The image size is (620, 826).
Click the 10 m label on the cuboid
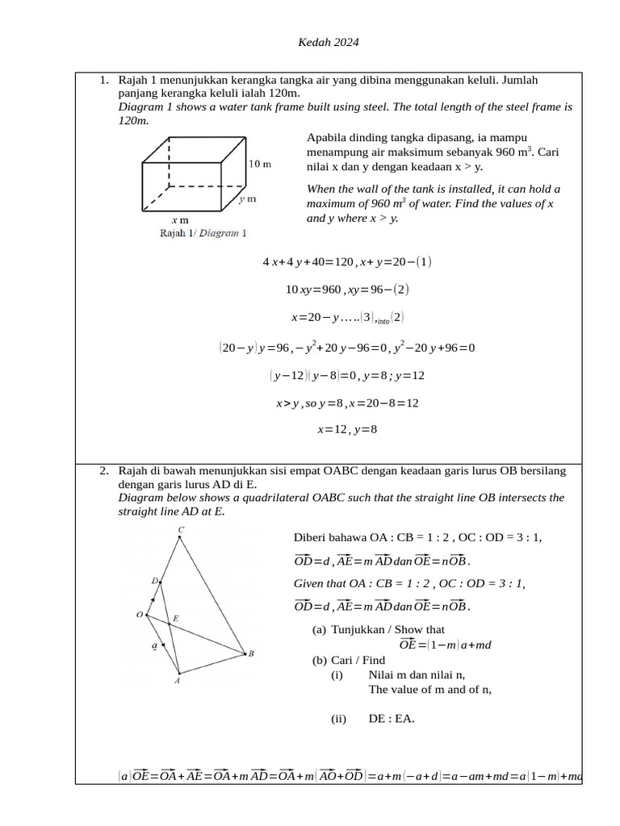(x=259, y=164)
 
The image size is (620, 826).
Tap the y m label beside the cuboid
(x=247, y=198)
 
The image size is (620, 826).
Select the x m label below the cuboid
(x=180, y=219)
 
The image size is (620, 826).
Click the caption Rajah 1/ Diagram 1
(x=203, y=233)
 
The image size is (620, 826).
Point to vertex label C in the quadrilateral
(x=181, y=530)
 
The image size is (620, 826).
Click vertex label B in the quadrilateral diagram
(x=251, y=653)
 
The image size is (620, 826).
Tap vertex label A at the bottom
(x=177, y=681)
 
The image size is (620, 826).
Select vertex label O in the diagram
(x=139, y=615)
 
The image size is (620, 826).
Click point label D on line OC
(x=154, y=580)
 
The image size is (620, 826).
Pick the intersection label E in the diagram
(x=175, y=619)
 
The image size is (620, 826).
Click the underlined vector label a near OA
(x=154, y=645)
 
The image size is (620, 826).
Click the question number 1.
(x=103, y=81)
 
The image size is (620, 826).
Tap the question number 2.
(x=103, y=470)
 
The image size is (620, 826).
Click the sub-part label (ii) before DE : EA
(x=338, y=719)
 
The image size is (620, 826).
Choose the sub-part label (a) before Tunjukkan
(x=319, y=629)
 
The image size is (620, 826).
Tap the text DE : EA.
(x=392, y=719)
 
